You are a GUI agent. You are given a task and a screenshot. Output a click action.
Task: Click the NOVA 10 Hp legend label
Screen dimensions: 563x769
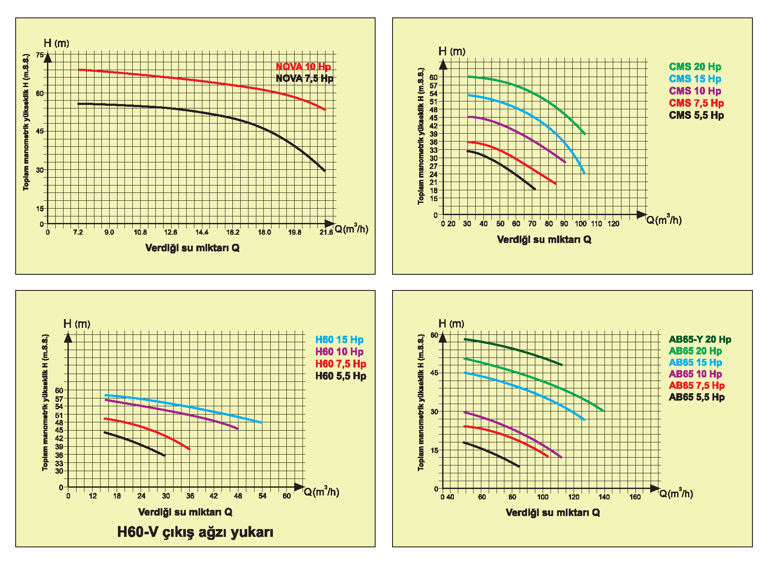coord(303,67)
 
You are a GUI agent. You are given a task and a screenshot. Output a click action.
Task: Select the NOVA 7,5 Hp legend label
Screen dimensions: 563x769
coord(304,78)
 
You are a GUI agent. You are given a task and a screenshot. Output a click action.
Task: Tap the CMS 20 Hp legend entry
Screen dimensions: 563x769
coord(695,67)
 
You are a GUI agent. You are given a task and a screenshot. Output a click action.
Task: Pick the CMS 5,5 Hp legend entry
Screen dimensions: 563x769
coord(696,115)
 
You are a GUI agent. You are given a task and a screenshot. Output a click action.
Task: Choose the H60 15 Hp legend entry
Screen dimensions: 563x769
coord(339,340)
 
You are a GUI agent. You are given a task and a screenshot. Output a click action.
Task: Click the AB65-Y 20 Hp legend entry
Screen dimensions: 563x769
coord(700,340)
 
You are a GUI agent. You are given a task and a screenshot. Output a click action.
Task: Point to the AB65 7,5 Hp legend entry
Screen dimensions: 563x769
coord(697,386)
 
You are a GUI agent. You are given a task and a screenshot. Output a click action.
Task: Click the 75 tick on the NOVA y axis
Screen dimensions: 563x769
coord(40,55)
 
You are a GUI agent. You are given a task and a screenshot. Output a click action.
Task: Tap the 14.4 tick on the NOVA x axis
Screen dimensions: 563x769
coord(202,233)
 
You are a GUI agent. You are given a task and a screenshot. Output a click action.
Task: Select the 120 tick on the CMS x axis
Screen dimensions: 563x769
coord(613,224)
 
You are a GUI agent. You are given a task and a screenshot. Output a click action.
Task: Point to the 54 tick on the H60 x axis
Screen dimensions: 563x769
coord(262,496)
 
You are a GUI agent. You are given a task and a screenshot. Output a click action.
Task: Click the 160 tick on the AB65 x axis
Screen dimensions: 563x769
coord(635,497)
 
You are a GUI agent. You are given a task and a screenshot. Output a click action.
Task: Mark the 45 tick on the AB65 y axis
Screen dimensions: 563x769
coord(434,373)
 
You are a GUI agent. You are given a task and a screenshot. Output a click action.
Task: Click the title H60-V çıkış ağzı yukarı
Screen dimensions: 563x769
coord(195,532)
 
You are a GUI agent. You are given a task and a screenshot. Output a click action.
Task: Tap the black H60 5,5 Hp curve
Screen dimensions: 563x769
coord(135,443)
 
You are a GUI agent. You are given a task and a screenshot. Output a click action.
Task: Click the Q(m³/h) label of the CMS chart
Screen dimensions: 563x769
coord(664,220)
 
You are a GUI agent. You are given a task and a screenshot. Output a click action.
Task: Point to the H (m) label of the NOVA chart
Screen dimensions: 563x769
coord(56,43)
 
